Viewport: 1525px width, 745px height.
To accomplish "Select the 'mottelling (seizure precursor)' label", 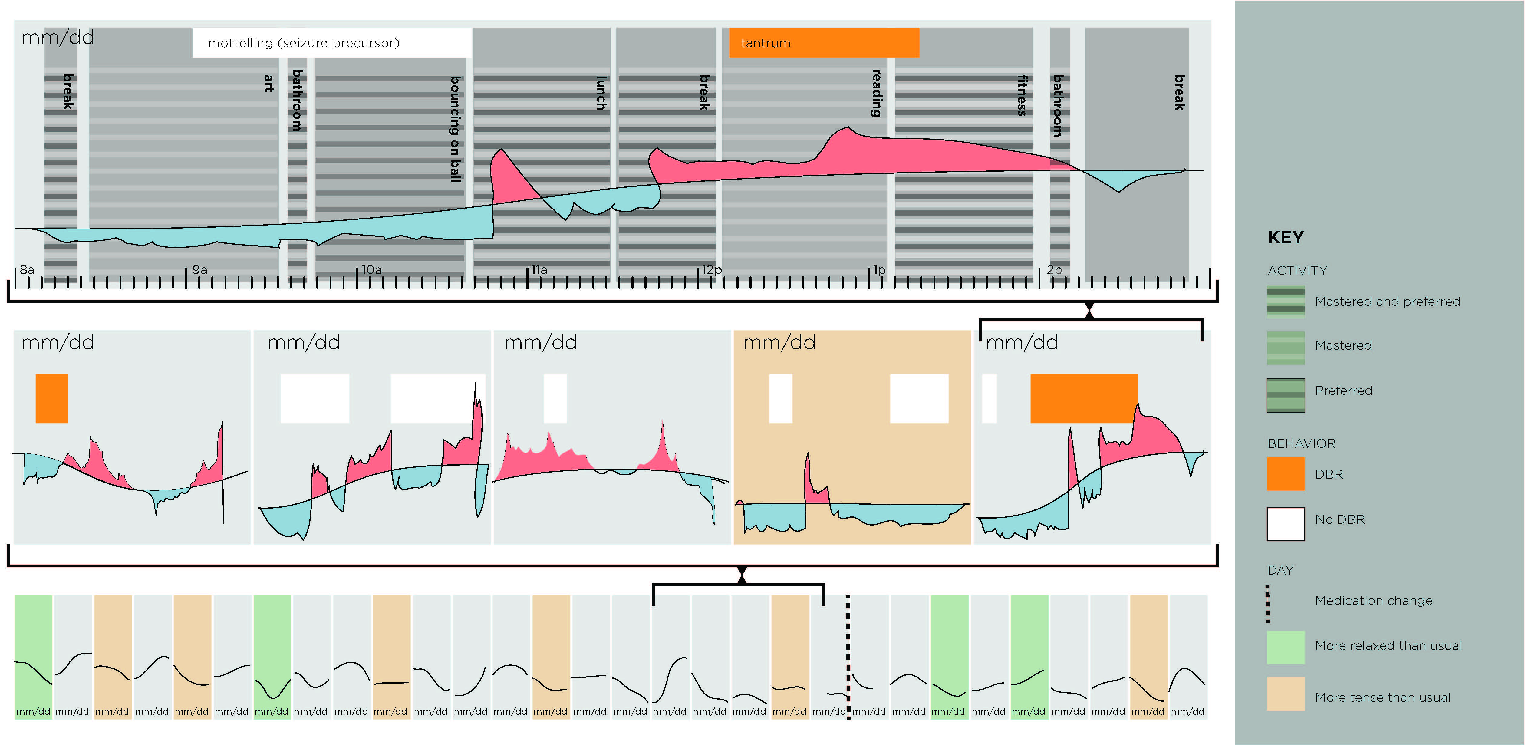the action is [304, 43].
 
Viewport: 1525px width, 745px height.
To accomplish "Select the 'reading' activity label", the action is [877, 94].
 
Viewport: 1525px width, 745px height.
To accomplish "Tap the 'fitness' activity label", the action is [1022, 95].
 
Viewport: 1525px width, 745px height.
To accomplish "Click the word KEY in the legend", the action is [1286, 237].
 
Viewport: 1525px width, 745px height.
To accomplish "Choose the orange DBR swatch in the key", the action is [1286, 474].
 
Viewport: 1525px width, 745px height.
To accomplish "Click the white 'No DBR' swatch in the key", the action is [1286, 524].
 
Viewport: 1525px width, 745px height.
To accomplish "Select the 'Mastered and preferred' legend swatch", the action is [1286, 300].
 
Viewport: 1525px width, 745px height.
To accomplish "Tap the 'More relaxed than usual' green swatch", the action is [1286, 647].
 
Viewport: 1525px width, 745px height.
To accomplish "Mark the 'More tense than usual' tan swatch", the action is [1286, 694].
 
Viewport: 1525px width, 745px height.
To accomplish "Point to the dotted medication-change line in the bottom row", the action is [848, 657].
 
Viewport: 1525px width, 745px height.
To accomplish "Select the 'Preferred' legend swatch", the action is [1286, 395].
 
